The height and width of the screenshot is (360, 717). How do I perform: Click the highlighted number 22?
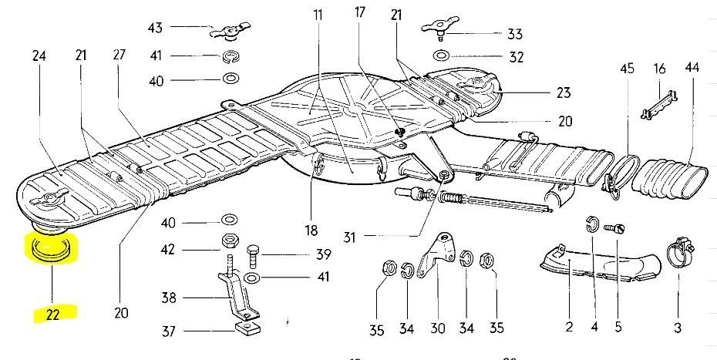coord(52,313)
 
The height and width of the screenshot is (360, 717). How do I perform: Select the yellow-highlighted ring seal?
coord(51,250)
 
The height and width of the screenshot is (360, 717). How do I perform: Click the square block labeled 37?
coord(246,331)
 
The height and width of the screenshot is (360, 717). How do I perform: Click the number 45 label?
coord(627,69)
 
